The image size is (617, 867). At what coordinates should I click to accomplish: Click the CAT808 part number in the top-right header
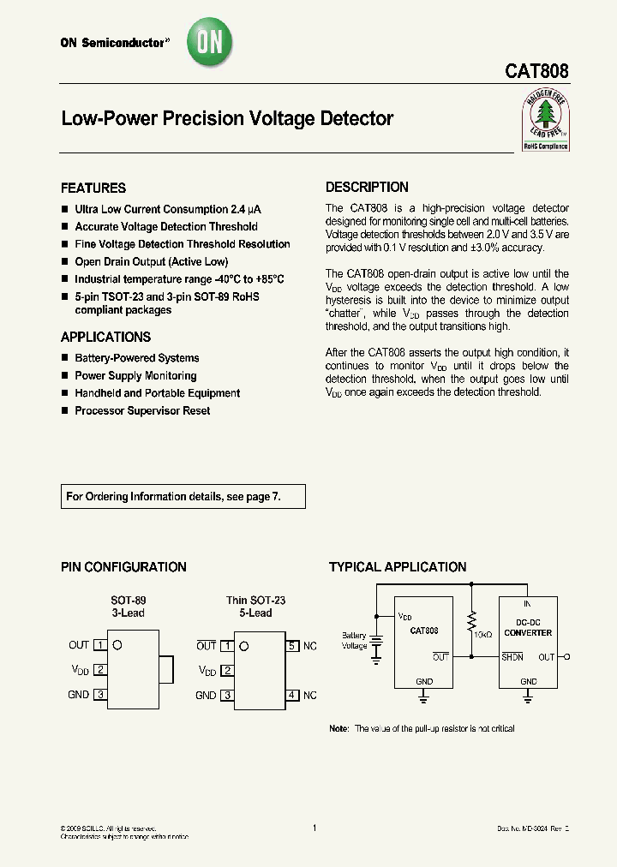point(536,71)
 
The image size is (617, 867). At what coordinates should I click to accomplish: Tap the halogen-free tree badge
point(545,120)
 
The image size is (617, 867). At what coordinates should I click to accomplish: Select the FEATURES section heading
point(93,188)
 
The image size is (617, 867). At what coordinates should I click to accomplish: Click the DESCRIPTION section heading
point(367,188)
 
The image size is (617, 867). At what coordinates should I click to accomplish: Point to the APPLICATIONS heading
point(105,338)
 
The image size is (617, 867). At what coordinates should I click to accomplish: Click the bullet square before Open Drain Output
point(65,262)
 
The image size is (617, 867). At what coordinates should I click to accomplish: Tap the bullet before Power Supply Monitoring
point(65,376)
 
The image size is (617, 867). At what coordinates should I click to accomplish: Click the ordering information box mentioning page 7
point(183,497)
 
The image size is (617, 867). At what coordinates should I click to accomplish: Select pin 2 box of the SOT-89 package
point(100,670)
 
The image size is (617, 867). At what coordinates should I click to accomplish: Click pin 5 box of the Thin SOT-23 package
point(292,646)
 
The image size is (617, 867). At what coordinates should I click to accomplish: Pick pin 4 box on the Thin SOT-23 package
point(292,696)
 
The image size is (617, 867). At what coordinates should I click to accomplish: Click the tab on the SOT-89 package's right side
point(167,670)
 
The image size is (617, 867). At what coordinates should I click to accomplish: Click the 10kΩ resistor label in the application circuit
point(482,634)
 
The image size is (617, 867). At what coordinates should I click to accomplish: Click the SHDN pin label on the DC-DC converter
point(512,657)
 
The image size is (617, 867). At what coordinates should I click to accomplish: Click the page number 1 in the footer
point(314,828)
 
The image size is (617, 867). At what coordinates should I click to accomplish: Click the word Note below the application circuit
point(339,729)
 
